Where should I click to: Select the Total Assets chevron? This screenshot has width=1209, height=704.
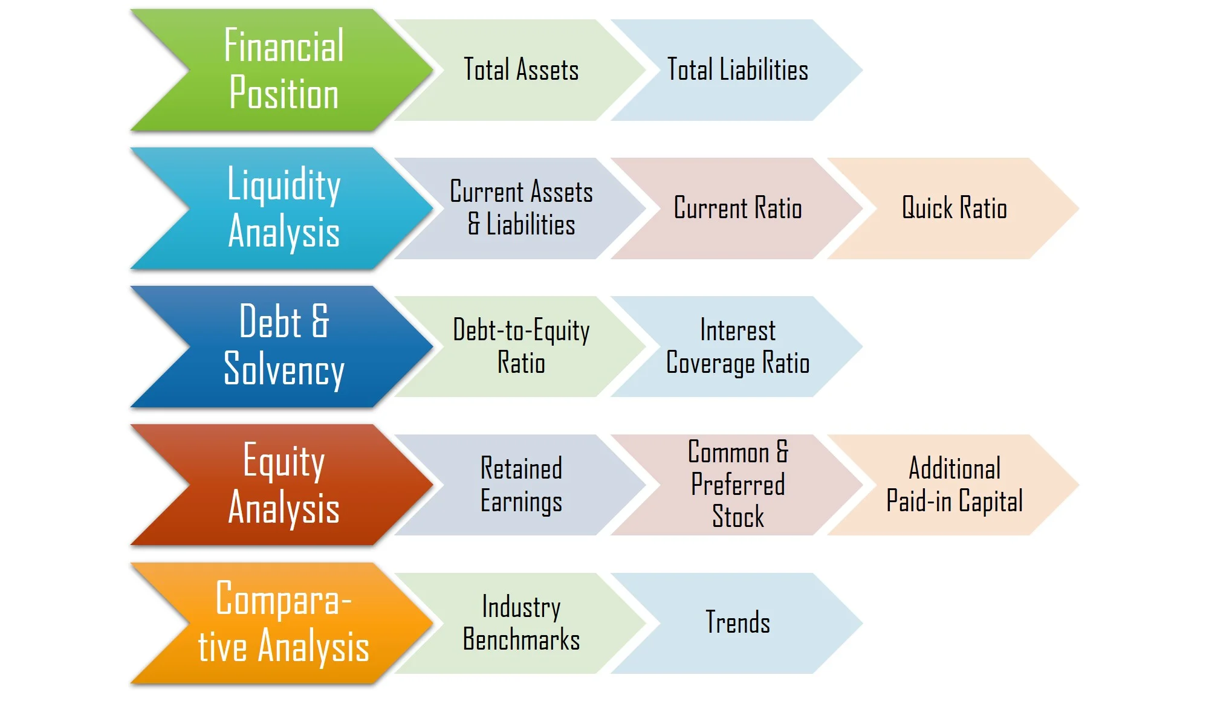pos(521,69)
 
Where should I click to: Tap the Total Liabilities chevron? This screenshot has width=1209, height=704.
pos(737,69)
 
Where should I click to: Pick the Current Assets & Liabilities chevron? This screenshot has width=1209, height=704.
pos(521,208)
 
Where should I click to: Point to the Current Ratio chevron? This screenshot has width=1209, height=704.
pos(737,208)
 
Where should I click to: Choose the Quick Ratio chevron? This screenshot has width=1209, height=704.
pos(954,208)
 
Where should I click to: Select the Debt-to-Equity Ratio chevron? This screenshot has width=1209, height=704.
pos(521,346)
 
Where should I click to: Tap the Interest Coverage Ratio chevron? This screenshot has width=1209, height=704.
pos(737,346)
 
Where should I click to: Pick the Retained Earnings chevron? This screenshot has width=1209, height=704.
pos(521,485)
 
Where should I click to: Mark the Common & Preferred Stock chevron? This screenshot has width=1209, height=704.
pos(737,485)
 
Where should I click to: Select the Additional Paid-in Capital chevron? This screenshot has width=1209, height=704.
pos(954,485)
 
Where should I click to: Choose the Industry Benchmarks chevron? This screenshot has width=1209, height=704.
pos(521,623)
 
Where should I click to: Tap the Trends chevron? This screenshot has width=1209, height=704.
pos(737,623)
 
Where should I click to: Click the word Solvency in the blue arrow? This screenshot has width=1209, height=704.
pos(284,369)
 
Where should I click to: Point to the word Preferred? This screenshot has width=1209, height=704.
pos(738,484)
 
